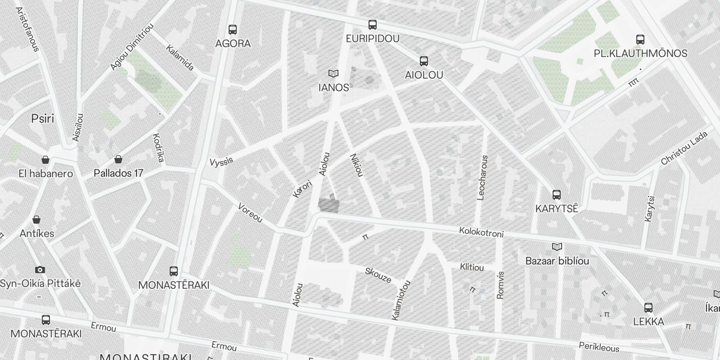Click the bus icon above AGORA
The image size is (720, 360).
pos(233,30)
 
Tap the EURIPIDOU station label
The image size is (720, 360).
pos(372,39)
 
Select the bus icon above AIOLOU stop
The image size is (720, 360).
pos(423,61)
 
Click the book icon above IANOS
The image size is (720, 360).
pos(333,73)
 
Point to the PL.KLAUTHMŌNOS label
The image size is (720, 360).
pos(640,54)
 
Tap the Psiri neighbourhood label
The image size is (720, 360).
pos(42,119)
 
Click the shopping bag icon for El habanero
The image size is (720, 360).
pos(45,160)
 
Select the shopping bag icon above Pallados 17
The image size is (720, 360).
pos(118,159)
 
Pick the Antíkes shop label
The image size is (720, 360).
pos(37,234)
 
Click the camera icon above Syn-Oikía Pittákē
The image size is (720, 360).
pos(40,270)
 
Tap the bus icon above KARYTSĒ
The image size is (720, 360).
pos(557,195)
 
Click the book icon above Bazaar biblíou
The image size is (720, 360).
pos(557,247)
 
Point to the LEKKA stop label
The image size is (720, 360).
pos(648,322)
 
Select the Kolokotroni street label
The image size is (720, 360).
pos(481,232)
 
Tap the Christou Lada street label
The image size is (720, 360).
pos(684,148)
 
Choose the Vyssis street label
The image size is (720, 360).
pos(221,161)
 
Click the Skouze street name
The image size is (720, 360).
pos(378,275)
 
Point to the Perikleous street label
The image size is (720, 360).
pos(598,346)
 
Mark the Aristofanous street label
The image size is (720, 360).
pos(28,29)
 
